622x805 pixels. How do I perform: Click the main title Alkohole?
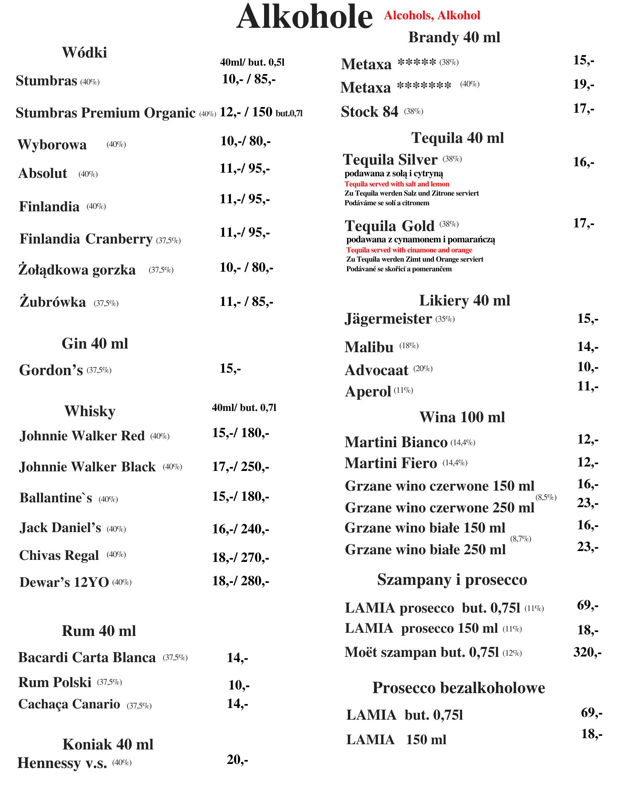pyautogui.click(x=304, y=17)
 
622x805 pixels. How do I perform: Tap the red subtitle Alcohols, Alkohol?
pyautogui.click(x=432, y=15)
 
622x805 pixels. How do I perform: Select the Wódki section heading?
pyautogui.click(x=85, y=52)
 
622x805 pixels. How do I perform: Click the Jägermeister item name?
pyautogui.click(x=388, y=319)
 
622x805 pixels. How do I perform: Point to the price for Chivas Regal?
pyautogui.click(x=241, y=557)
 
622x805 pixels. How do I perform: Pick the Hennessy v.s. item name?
pyautogui.click(x=62, y=763)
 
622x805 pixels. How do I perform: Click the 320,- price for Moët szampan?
pyautogui.click(x=587, y=652)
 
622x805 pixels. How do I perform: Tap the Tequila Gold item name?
pyautogui.click(x=389, y=226)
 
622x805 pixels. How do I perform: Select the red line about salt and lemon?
pyautogui.click(x=397, y=184)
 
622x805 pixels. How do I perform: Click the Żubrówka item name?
pyautogui.click(x=53, y=302)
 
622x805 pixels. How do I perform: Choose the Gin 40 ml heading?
pyautogui.click(x=95, y=343)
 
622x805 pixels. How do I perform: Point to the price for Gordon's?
pyautogui.click(x=230, y=368)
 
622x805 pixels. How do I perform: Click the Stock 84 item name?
pyautogui.click(x=369, y=111)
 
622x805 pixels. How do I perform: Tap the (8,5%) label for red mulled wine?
pyautogui.click(x=546, y=497)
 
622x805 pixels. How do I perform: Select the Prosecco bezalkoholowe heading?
pyautogui.click(x=459, y=687)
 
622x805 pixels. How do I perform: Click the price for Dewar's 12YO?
pyautogui.click(x=241, y=581)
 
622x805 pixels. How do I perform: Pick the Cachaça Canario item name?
pyautogui.click(x=69, y=704)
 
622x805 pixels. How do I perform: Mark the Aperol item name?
pyautogui.click(x=368, y=391)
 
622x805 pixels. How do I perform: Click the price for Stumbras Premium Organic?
pyautogui.click(x=261, y=112)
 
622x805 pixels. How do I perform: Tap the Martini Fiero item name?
pyautogui.click(x=391, y=463)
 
